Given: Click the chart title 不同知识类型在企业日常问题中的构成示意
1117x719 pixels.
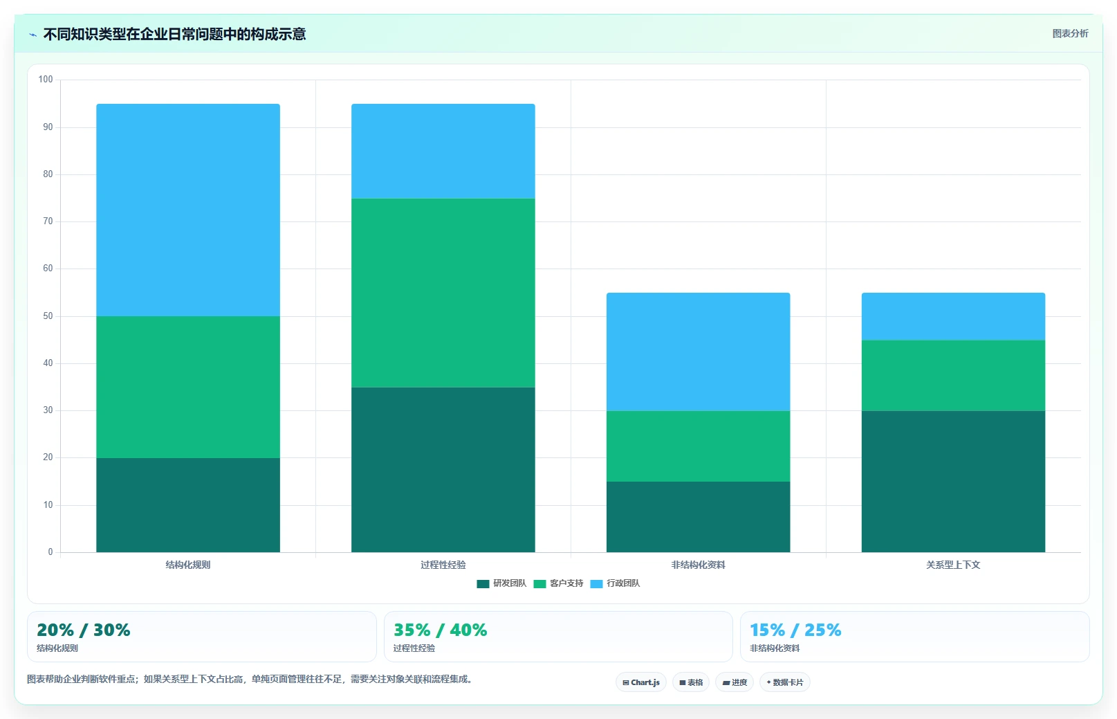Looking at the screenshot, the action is pyautogui.click(x=174, y=34).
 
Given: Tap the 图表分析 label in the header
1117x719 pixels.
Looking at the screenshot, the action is pyautogui.click(x=1070, y=33).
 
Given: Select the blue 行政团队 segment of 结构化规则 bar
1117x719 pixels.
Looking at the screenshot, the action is pyautogui.click(x=188, y=210).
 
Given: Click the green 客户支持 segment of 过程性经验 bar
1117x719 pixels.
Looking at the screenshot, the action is pyautogui.click(x=443, y=293).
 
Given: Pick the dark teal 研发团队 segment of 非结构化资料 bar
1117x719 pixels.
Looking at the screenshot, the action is pyautogui.click(x=698, y=517).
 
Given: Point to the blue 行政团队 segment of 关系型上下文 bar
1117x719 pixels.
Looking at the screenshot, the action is pyautogui.click(x=954, y=316).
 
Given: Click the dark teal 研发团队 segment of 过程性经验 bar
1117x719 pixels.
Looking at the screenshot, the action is pyautogui.click(x=443, y=469).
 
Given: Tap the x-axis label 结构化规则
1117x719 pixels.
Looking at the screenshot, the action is pyautogui.click(x=188, y=565).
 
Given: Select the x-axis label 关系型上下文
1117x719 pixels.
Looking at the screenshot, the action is pyautogui.click(x=954, y=565).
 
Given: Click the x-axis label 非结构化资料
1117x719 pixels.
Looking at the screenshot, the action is pyautogui.click(x=698, y=565).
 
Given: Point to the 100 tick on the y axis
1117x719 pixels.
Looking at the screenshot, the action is pyautogui.click(x=46, y=80).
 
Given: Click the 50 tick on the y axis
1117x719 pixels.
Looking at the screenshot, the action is pyautogui.click(x=48, y=316).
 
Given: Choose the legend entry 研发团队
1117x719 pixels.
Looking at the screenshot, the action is pyautogui.click(x=501, y=583).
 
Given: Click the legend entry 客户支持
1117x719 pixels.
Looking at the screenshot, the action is pyautogui.click(x=559, y=583).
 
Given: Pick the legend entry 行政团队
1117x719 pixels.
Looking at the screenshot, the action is pyautogui.click(x=615, y=583).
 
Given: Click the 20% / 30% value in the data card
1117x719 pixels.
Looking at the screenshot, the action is pyautogui.click(x=83, y=630).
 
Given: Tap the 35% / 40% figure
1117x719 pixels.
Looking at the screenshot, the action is pyautogui.click(x=441, y=630).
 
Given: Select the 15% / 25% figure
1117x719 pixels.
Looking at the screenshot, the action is pyautogui.click(x=795, y=630).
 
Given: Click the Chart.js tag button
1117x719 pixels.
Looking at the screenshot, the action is pyautogui.click(x=640, y=682).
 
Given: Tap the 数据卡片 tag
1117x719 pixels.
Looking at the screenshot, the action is pyautogui.click(x=784, y=682).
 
